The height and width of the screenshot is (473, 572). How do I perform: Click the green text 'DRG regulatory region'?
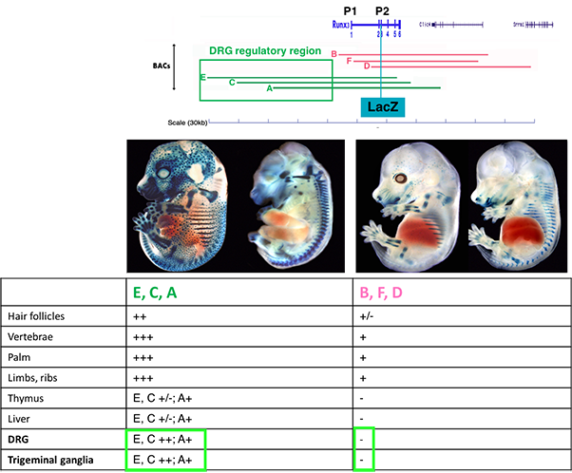point(257,50)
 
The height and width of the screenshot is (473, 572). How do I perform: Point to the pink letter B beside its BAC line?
point(334,53)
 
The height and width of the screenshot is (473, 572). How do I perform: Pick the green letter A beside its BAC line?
point(270,88)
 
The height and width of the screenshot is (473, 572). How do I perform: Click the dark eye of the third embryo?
point(401,178)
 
